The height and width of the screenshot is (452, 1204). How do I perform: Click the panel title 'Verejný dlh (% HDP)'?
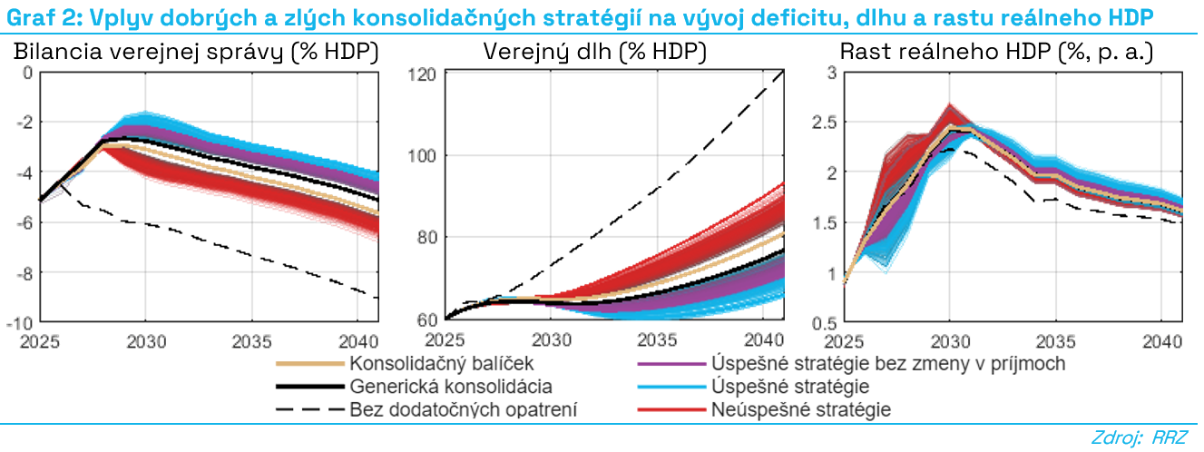coord(594,54)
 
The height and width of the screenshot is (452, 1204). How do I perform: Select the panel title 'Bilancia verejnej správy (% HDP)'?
coord(195,54)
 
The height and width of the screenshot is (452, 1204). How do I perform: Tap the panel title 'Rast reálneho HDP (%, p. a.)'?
coord(996,54)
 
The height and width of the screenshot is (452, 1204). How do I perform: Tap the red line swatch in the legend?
coord(671,410)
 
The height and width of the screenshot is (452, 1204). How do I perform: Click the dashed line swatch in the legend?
coord(310,410)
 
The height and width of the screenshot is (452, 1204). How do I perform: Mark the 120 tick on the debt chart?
coord(426,73)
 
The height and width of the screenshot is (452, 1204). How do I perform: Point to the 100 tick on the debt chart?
coord(426,155)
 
